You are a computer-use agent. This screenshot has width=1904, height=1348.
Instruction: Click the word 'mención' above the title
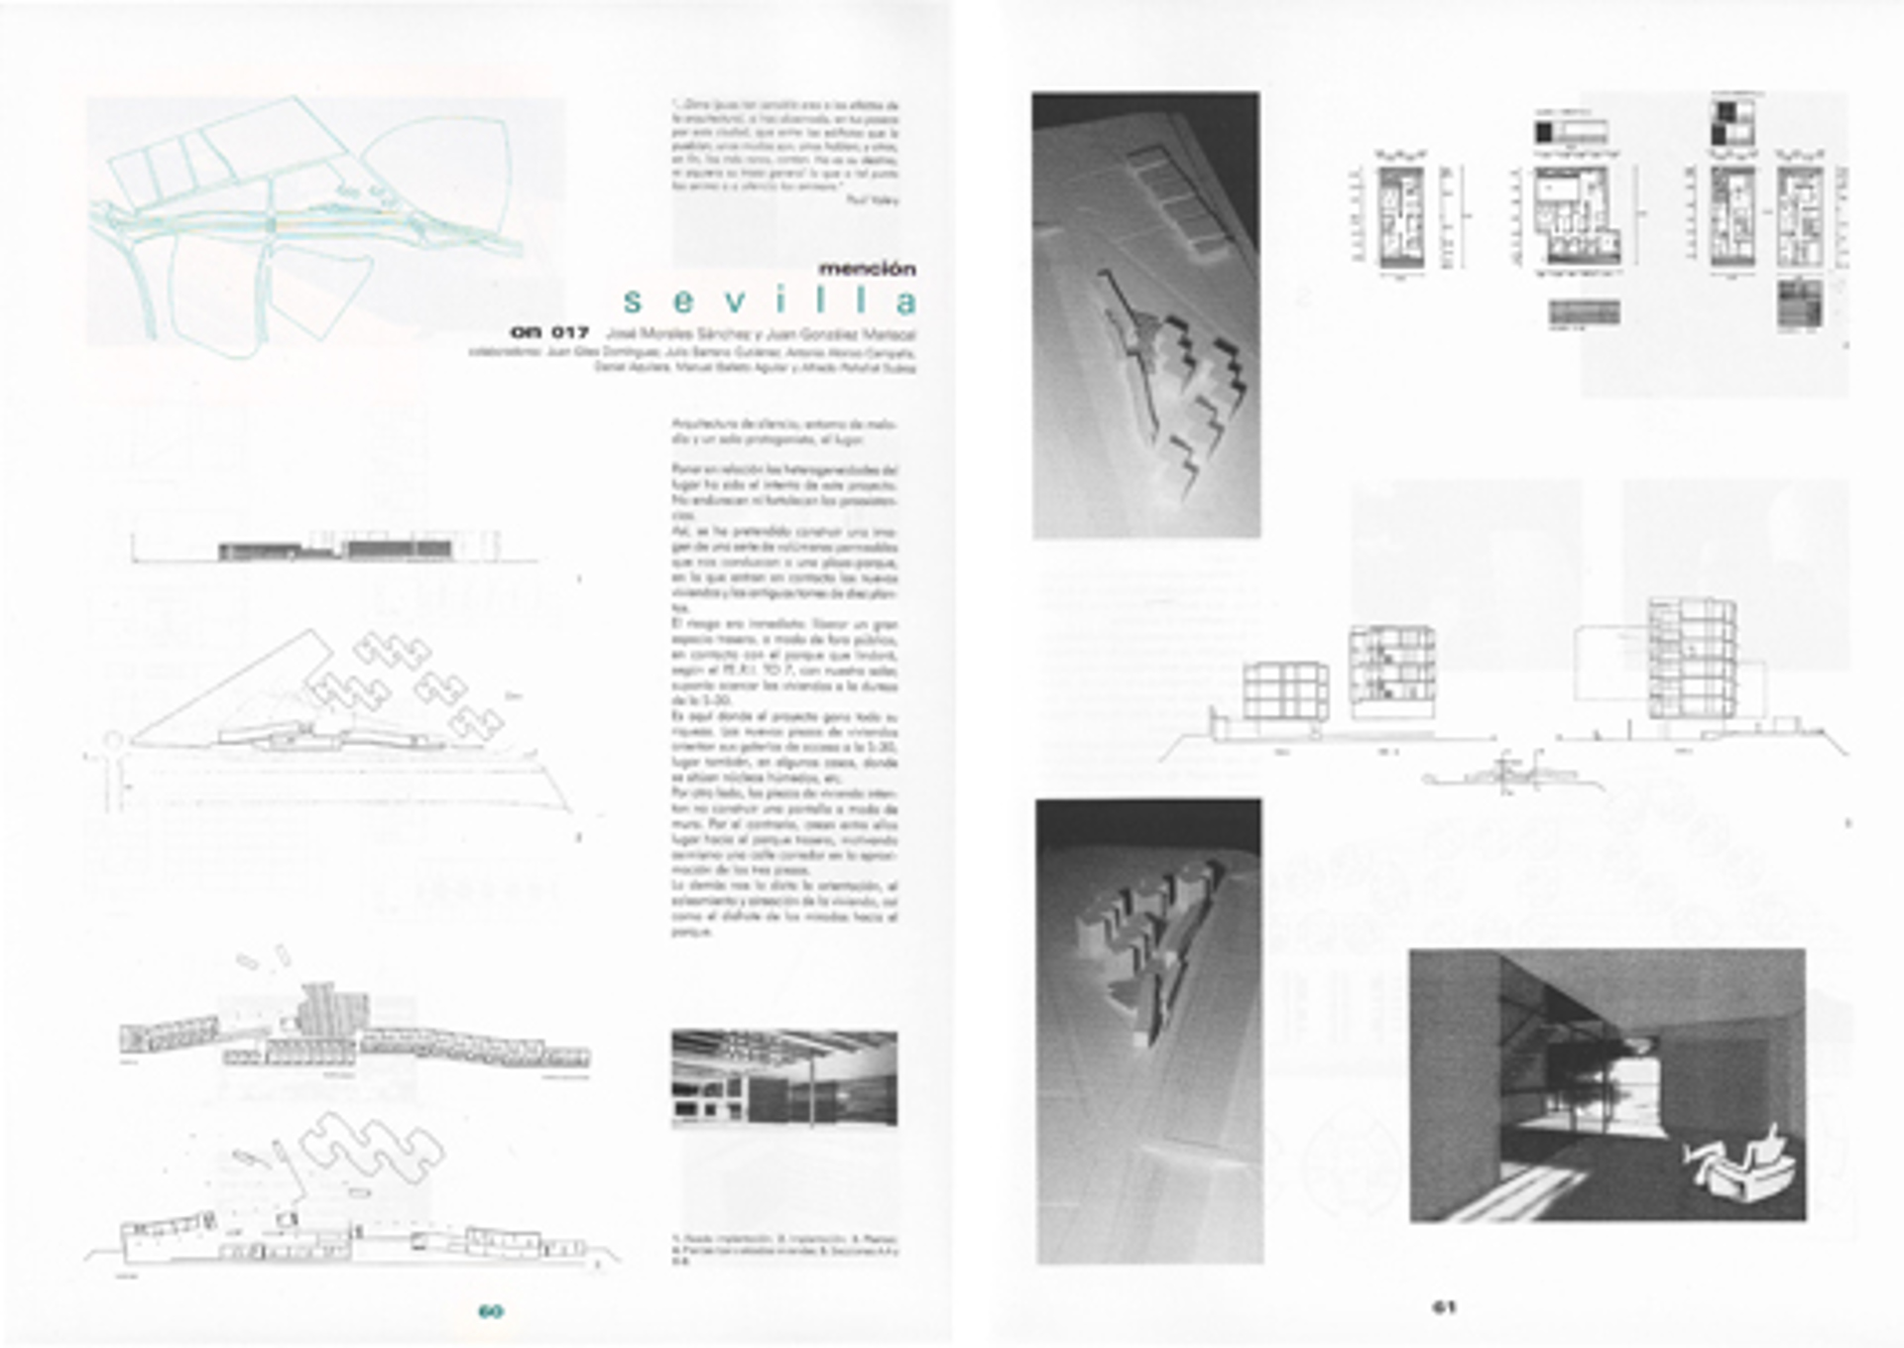tap(867, 269)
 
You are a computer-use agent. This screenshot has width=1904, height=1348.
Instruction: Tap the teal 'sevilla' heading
tap(769, 301)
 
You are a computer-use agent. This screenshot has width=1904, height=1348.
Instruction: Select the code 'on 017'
tap(549, 332)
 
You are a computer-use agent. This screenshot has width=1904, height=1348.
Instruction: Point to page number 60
tap(490, 1310)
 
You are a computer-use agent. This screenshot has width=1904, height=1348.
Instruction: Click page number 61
tap(1444, 1307)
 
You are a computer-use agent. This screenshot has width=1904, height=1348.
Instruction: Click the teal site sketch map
tap(307, 218)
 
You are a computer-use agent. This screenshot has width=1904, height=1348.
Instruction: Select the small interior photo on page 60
tap(783, 1077)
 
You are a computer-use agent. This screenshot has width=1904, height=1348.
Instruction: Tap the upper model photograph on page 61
tap(1145, 315)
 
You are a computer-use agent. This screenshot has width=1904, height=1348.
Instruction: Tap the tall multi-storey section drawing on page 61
tap(1692, 660)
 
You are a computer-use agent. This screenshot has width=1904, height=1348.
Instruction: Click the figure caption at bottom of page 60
tap(783, 1246)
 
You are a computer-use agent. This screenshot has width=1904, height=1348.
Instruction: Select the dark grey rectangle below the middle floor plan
tap(1584, 312)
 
